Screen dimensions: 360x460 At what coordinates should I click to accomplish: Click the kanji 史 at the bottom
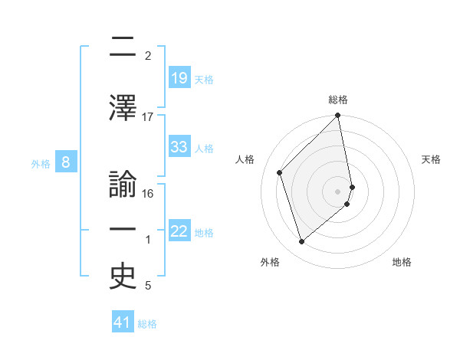[x=123, y=277]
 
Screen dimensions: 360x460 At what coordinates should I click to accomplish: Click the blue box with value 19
[x=179, y=78]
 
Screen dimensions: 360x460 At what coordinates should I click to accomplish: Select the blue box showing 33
[x=179, y=148]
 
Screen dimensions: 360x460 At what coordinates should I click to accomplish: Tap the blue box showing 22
[x=179, y=232]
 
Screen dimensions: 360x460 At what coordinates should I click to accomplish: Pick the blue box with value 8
[x=66, y=162]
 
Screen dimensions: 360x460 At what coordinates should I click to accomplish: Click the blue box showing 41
[x=123, y=323]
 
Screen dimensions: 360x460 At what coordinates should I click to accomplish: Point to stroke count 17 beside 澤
[x=148, y=116]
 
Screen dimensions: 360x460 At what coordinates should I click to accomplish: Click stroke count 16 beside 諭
[x=149, y=194]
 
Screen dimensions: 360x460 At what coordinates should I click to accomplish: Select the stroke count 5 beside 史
[x=148, y=286]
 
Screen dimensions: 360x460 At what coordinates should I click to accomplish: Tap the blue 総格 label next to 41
[x=147, y=324]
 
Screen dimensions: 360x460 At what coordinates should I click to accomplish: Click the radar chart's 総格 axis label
[x=338, y=100]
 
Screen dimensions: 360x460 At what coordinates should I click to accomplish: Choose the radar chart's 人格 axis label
[x=245, y=159]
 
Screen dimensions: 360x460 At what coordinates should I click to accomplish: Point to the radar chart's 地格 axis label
[x=402, y=262]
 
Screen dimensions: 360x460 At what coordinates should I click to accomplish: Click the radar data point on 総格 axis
[x=338, y=116]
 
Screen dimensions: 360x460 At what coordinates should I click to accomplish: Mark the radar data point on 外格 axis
[x=302, y=242]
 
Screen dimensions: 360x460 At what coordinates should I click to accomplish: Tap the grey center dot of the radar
[x=338, y=191]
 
